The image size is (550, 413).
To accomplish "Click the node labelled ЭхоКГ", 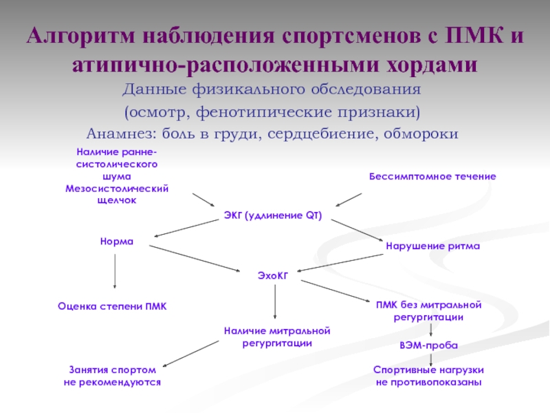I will [x=272, y=275].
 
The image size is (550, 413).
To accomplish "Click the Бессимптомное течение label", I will [x=432, y=177].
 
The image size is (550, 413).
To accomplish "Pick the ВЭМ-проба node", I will [x=428, y=345].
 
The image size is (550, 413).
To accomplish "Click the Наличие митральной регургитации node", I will [x=277, y=337].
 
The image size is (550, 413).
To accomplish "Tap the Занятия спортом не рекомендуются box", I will [x=112, y=375].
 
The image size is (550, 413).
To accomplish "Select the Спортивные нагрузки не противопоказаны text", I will [x=429, y=375].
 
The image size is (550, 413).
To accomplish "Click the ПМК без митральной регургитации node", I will [x=428, y=310].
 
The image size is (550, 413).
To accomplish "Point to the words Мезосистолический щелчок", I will [x=116, y=194].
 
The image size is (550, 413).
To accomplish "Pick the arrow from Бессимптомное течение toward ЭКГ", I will [x=349, y=199].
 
